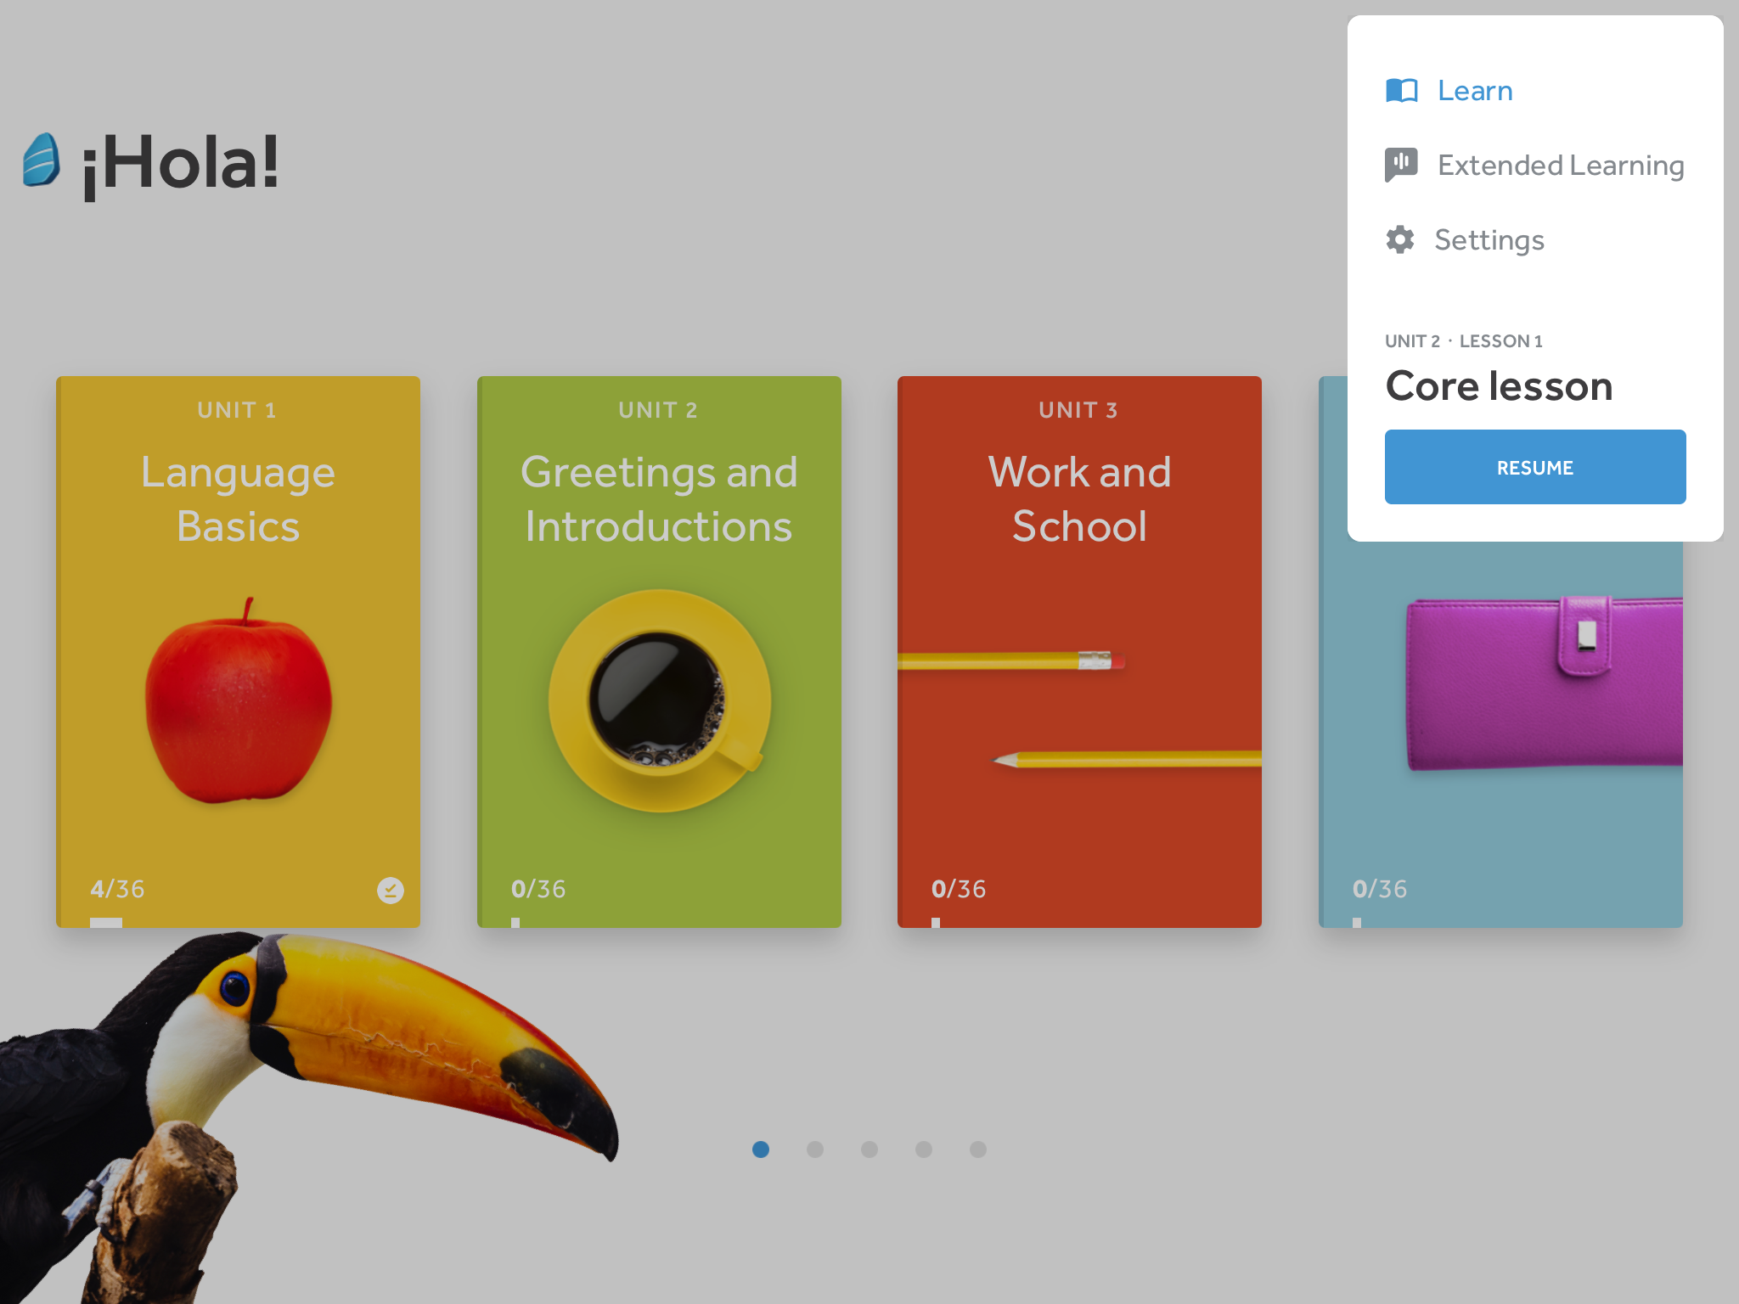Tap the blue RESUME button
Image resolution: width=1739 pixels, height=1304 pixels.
pyautogui.click(x=1534, y=467)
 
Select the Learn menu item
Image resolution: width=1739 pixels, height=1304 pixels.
pyautogui.click(x=1474, y=91)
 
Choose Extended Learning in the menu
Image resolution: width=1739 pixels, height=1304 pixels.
pyautogui.click(x=1560, y=165)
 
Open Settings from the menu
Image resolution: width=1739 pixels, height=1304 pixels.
pyautogui.click(x=1489, y=240)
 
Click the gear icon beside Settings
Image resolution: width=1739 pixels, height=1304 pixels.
pyautogui.click(x=1400, y=240)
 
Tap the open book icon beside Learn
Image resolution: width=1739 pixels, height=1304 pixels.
pyautogui.click(x=1401, y=90)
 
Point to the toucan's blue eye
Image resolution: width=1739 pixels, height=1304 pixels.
pyautogui.click(x=234, y=987)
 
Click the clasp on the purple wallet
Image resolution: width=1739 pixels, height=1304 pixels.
pyautogui.click(x=1584, y=635)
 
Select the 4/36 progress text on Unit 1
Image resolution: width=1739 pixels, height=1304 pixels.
pyautogui.click(x=117, y=889)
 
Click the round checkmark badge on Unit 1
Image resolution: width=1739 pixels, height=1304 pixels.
pyautogui.click(x=390, y=890)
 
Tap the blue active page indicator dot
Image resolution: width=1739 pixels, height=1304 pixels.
pyautogui.click(x=761, y=1149)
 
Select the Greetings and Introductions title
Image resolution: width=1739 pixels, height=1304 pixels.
pyautogui.click(x=659, y=498)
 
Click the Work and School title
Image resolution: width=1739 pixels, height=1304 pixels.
pyautogui.click(x=1079, y=498)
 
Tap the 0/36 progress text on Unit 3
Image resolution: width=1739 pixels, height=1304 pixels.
pyautogui.click(x=959, y=889)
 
